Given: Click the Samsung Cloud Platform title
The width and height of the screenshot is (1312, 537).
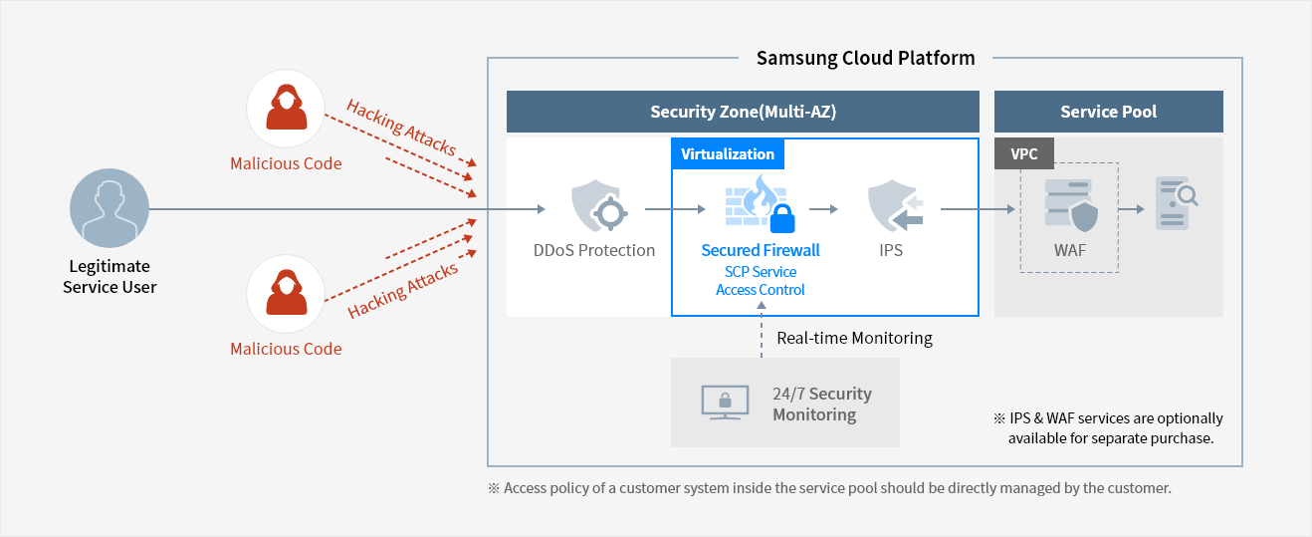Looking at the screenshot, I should pos(865,58).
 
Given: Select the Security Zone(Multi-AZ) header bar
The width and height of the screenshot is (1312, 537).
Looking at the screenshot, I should pos(743,112).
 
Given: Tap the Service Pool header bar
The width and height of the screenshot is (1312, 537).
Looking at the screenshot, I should pos(1108,112).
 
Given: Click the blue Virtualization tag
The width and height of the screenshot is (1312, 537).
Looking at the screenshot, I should pos(728,154).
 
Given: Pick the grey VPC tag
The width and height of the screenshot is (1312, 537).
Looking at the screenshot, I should pos(1023,154).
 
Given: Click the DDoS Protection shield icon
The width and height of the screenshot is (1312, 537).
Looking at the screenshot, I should pos(594,206).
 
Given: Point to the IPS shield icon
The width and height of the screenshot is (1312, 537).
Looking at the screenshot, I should pos(892,206).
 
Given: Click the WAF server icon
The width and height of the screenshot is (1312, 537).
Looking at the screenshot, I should pos(1069,206).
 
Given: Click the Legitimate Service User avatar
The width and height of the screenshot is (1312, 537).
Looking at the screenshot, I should pos(109,209).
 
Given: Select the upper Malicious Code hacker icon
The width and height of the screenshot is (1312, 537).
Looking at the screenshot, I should pos(286,109).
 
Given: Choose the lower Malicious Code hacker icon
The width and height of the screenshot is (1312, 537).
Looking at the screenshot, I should pos(286,294).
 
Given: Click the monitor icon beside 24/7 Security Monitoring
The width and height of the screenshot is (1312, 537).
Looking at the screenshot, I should pos(725,403).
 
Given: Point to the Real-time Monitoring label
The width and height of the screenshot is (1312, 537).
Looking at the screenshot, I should pos(854,338).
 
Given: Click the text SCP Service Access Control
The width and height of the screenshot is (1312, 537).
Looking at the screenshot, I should pos(761,281).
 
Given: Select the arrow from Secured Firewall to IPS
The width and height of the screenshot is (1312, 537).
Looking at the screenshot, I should pos(822,209).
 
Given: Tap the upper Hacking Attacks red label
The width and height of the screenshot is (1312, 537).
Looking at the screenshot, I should pos(400,127).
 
